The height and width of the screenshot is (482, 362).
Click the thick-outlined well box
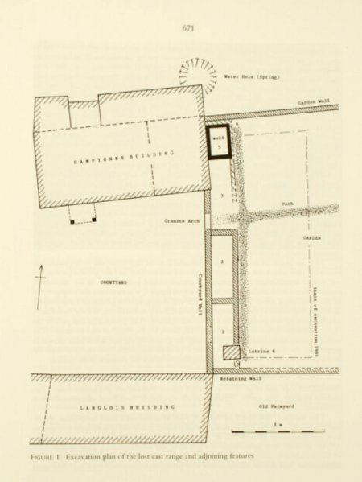coord(217,142)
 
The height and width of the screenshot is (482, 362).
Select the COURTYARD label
coord(113,282)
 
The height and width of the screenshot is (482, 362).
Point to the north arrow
coord(40,291)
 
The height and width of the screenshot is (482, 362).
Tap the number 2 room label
coord(222,262)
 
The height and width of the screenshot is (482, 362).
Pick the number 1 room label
coord(222,331)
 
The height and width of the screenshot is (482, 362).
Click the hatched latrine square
coord(232,352)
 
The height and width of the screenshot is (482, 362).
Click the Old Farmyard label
coord(277,406)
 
